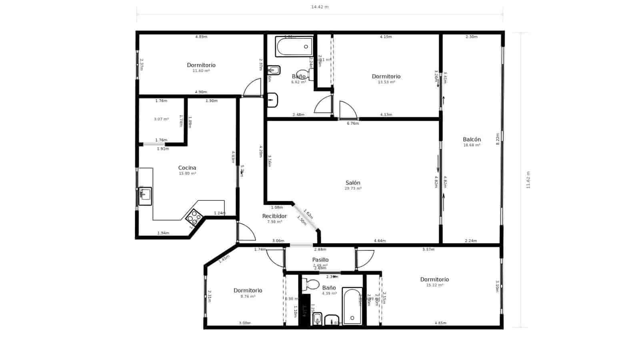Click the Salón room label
pyautogui.click(x=353, y=183)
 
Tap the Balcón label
pyautogui.click(x=472, y=140)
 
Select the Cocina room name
pyautogui.click(x=187, y=168)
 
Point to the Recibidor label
pyautogui.click(x=274, y=216)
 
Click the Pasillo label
pyautogui.click(x=320, y=260)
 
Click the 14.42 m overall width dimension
pyautogui.click(x=320, y=7)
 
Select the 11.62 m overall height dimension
pyautogui.click(x=528, y=180)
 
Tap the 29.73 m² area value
pyautogui.click(x=353, y=188)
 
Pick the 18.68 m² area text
pyautogui.click(x=472, y=145)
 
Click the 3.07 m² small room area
pyautogui.click(x=161, y=119)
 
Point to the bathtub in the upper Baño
pyautogui.click(x=294, y=47)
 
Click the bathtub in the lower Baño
pyautogui.click(x=352, y=306)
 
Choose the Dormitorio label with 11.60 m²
pyautogui.click(x=201, y=65)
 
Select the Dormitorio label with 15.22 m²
pyautogui.click(x=434, y=280)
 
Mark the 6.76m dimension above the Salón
pyautogui.click(x=353, y=124)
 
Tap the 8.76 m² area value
pyautogui.click(x=248, y=296)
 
